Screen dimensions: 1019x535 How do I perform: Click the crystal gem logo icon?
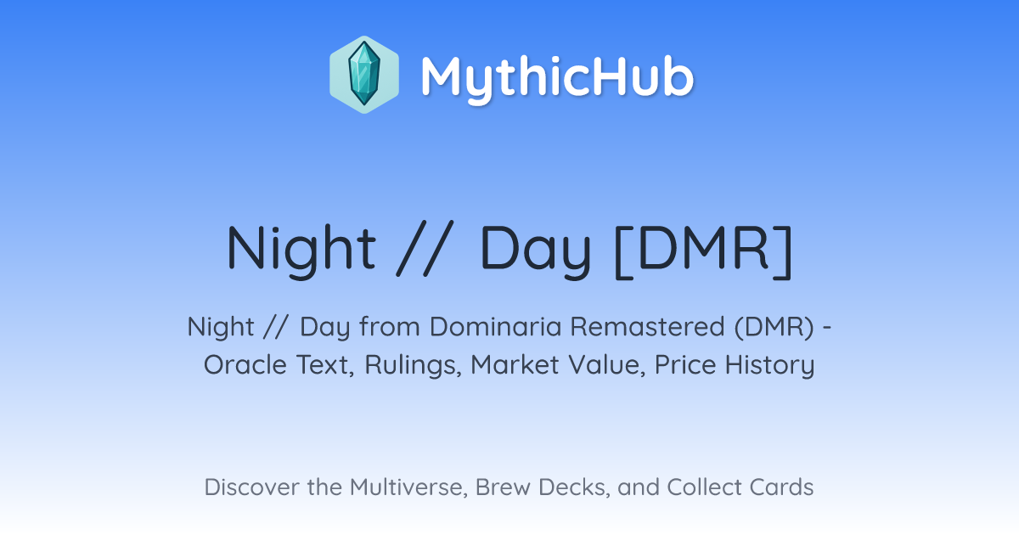[364, 75]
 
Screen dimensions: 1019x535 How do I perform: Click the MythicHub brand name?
[557, 77]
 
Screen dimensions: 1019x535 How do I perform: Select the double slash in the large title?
[425, 248]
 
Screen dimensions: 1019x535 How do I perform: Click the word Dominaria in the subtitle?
[495, 327]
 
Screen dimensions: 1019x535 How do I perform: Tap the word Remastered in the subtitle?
[647, 327]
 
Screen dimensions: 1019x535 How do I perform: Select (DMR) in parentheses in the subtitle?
[774, 327]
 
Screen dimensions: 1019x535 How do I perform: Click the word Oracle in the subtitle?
[245, 365]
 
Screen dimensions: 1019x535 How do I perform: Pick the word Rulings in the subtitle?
[413, 366]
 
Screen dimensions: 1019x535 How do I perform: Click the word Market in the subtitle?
[515, 365]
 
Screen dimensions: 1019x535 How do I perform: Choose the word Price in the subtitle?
[685, 365]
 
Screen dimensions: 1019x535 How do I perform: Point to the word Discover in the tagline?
[251, 487]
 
